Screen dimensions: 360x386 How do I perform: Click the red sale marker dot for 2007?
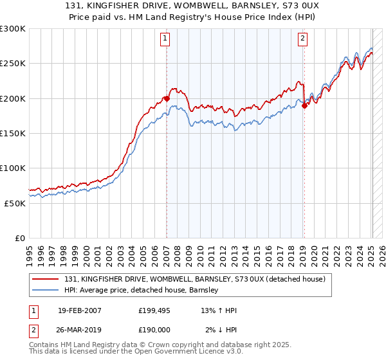coord(167,98)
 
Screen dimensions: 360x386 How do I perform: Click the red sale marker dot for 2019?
coord(304,105)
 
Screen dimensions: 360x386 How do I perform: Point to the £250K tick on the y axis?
coord(13,64)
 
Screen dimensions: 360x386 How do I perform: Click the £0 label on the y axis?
coord(19,238)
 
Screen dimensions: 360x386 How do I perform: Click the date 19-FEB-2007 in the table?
coord(79,310)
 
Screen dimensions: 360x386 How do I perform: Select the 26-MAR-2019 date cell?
coord(80,330)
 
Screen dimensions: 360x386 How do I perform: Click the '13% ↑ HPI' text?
coord(219,310)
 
